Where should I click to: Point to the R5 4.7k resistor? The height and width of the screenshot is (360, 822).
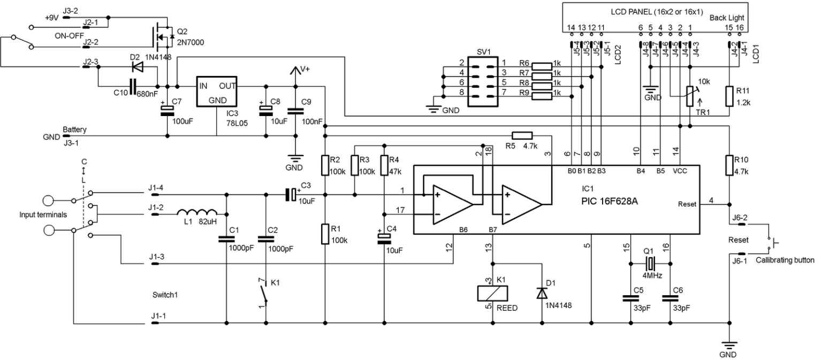522,135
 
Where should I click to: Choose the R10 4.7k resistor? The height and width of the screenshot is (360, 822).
728,165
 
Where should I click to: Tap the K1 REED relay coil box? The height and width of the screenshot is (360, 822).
492,293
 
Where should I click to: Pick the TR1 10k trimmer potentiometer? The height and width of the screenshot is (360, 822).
690,96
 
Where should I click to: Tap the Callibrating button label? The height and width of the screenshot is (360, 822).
784,261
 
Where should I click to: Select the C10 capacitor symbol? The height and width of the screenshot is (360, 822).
132,85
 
